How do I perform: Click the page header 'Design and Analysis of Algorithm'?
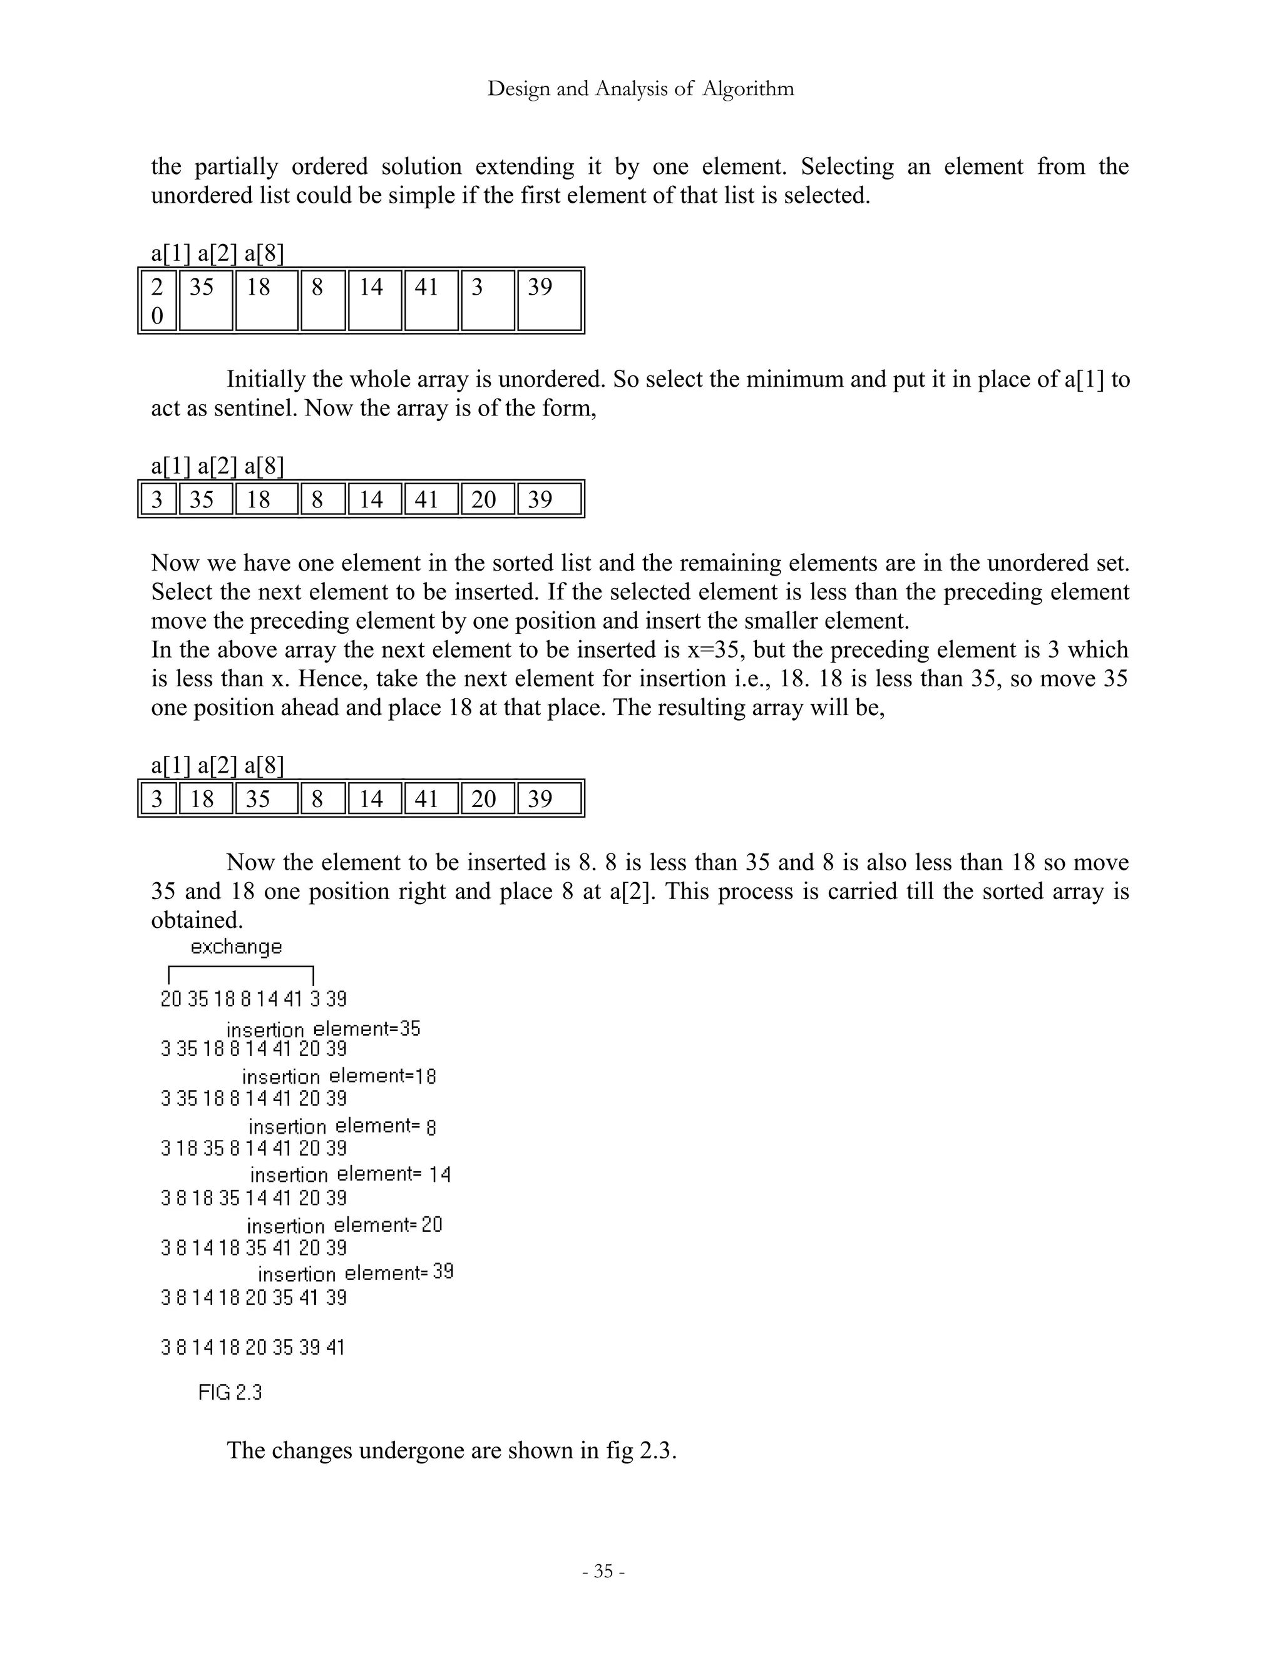point(640,89)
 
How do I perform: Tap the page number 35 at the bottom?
point(603,1570)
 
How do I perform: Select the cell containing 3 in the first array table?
point(487,300)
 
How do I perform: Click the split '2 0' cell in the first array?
point(158,300)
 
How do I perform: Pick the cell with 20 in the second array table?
point(487,499)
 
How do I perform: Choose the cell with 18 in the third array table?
point(205,798)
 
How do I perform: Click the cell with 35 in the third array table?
point(266,798)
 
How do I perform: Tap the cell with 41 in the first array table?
point(430,300)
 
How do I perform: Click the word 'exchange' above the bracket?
point(236,947)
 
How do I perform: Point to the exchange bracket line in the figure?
point(241,967)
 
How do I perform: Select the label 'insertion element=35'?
point(323,1029)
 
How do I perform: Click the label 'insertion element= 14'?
point(350,1174)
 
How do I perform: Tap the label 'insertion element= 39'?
point(356,1273)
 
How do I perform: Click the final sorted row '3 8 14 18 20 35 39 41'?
point(253,1348)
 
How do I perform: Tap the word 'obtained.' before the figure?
point(197,920)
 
